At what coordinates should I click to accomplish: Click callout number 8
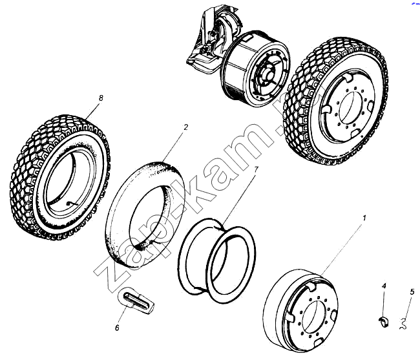pos(101,98)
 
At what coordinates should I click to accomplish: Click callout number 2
pos(185,127)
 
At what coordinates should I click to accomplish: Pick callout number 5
pos(412,291)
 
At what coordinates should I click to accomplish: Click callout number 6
pos(117,328)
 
